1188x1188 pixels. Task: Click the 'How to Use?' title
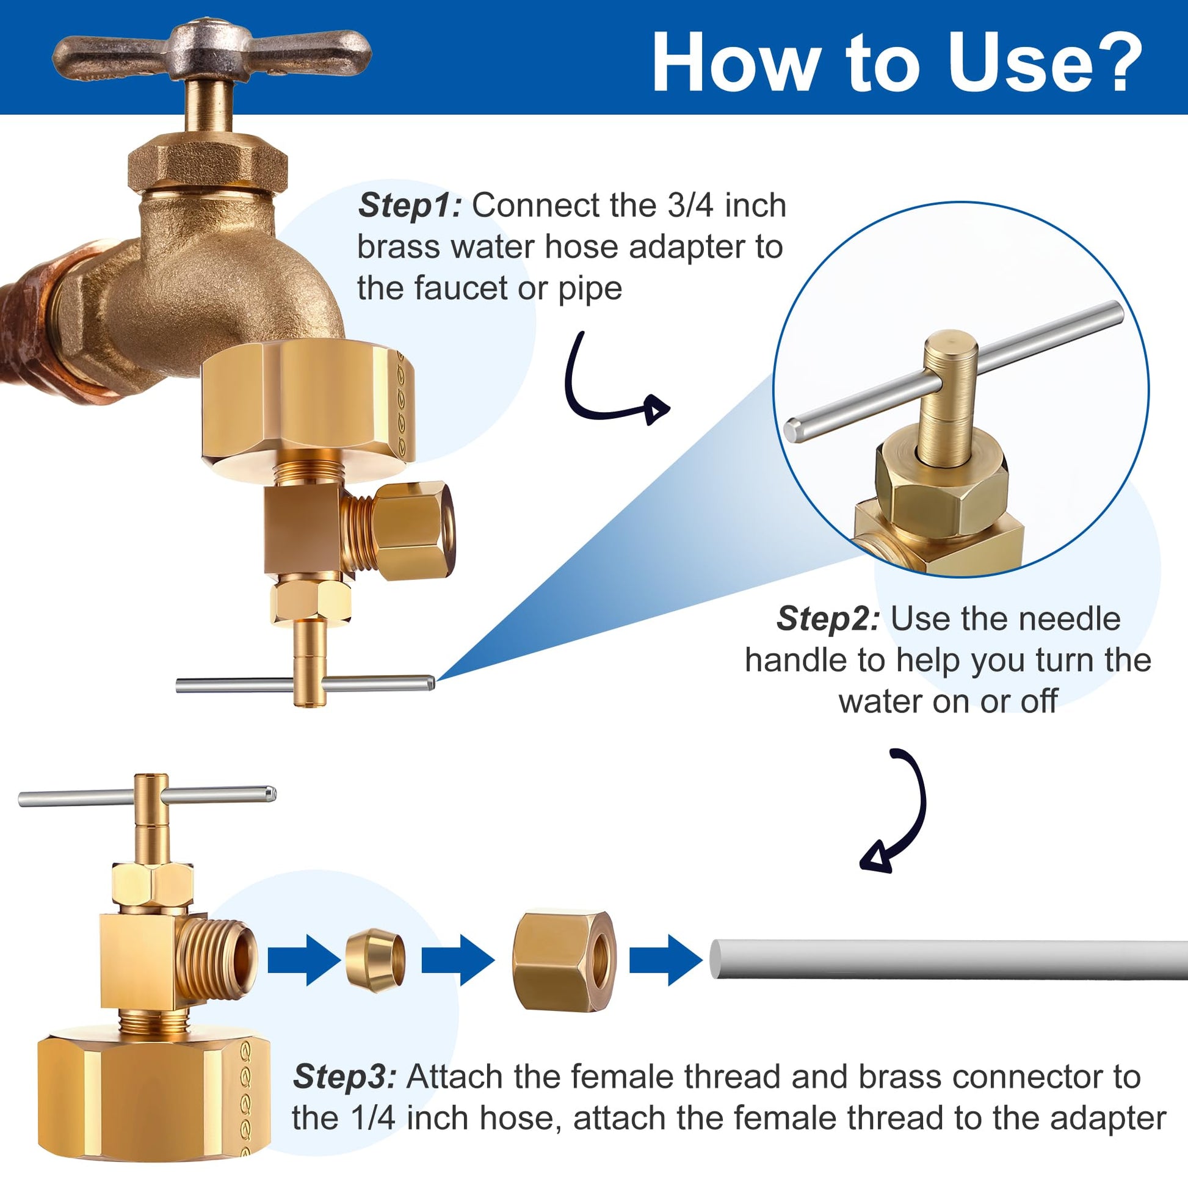point(897,62)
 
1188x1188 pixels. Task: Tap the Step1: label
point(409,205)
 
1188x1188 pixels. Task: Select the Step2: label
point(828,618)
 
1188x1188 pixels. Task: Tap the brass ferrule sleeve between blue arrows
point(375,958)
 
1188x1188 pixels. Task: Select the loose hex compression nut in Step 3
point(564,960)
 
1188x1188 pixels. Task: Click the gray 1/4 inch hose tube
point(948,959)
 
